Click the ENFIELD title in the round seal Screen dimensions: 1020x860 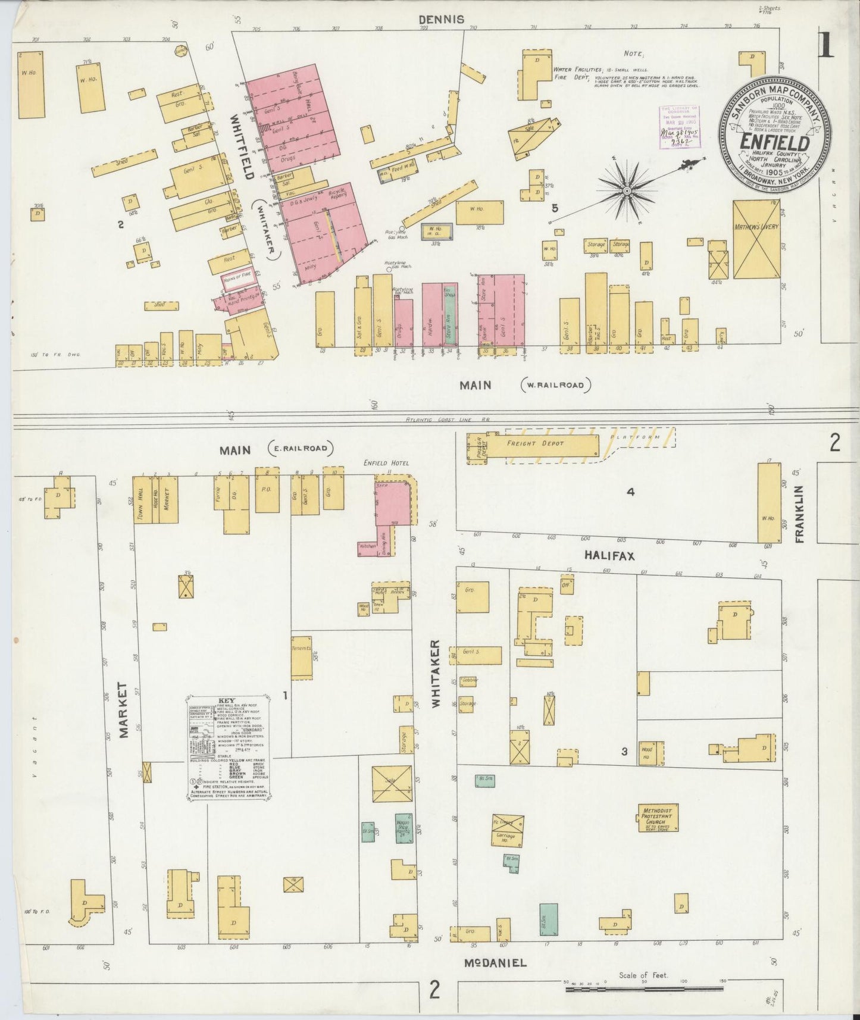774,143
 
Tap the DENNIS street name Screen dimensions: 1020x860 440,20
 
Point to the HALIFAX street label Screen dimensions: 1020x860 609,555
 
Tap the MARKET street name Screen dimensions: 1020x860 124,710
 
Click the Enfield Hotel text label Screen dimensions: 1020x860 386,462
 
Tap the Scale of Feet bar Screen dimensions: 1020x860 644,989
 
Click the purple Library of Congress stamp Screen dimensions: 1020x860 679,126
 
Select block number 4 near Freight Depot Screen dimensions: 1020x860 630,492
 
